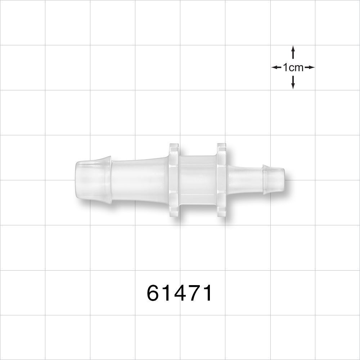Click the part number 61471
pyautogui.click(x=180, y=293)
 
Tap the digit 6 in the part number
pyautogui.click(x=154, y=293)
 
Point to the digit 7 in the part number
pyautogui.click(x=193, y=293)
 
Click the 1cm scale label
pyautogui.click(x=293, y=67)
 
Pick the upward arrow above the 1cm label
pyautogui.click(x=293, y=52)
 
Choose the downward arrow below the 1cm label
pyautogui.click(x=293, y=82)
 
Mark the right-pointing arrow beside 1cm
pyautogui.click(x=310, y=67)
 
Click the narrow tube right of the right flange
pyautogui.click(x=245, y=179)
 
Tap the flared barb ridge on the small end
pyautogui.click(x=265, y=179)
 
